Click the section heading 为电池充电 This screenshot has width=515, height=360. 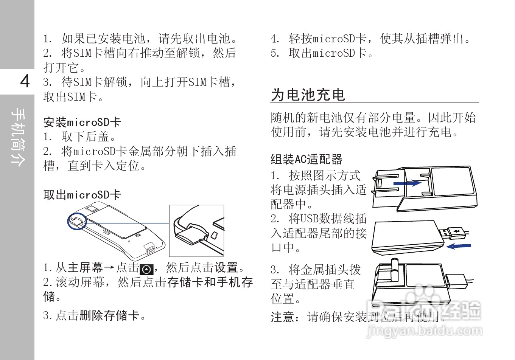point(308,95)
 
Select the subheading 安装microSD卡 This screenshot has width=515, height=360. point(82,122)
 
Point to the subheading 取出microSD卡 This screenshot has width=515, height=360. point(82,195)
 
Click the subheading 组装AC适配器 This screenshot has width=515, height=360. point(306,159)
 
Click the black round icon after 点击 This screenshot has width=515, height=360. point(146,269)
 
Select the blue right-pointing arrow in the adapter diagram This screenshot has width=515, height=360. point(407,183)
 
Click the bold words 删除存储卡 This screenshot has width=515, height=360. point(109,315)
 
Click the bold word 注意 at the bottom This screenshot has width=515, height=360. point(283,317)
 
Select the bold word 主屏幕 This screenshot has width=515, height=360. point(85,268)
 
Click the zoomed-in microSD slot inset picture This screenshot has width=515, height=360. point(196,231)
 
